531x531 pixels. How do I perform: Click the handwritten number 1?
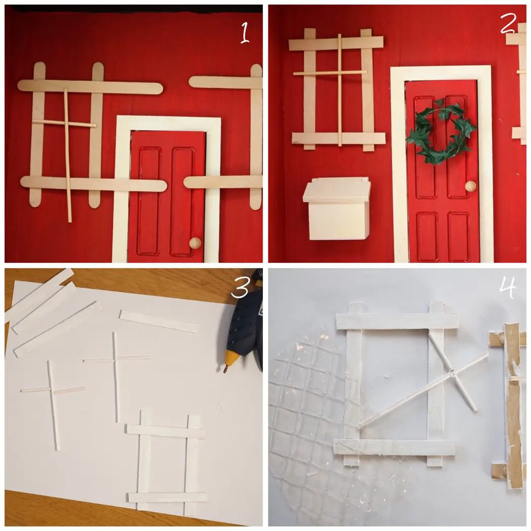tap(245, 32)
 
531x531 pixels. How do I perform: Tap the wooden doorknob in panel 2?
tap(470, 186)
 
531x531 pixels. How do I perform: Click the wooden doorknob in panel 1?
tap(195, 243)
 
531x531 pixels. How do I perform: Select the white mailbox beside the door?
tap(337, 208)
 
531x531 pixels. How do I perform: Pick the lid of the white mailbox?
tap(337, 190)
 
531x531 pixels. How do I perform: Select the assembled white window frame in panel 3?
tap(166, 462)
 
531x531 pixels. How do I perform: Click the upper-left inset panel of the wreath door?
tap(424, 147)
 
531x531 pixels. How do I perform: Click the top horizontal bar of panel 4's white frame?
tap(397, 321)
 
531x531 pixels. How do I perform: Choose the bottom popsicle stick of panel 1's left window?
tap(94, 184)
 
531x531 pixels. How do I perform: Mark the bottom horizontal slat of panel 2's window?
tap(339, 138)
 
